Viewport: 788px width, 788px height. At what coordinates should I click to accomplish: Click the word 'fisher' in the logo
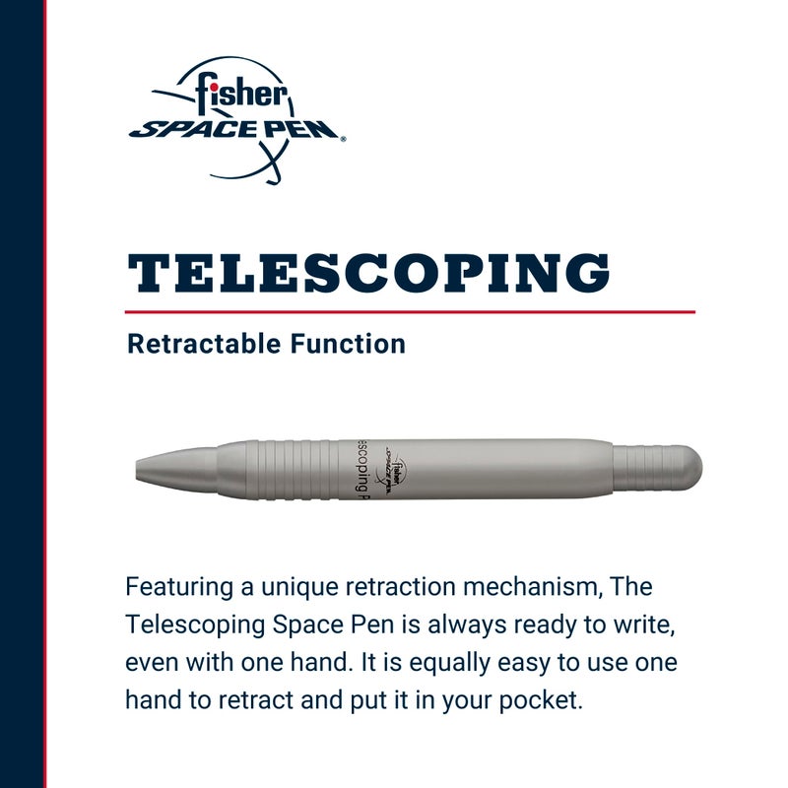[x=240, y=95]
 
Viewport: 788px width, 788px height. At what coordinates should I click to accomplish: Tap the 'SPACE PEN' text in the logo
[x=235, y=128]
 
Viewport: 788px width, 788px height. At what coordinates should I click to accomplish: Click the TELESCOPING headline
[x=368, y=273]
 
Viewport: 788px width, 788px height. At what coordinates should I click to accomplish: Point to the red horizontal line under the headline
[x=411, y=311]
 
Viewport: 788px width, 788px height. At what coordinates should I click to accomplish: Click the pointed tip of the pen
[x=144, y=466]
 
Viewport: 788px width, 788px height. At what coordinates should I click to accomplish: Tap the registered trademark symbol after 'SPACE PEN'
[x=343, y=140]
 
